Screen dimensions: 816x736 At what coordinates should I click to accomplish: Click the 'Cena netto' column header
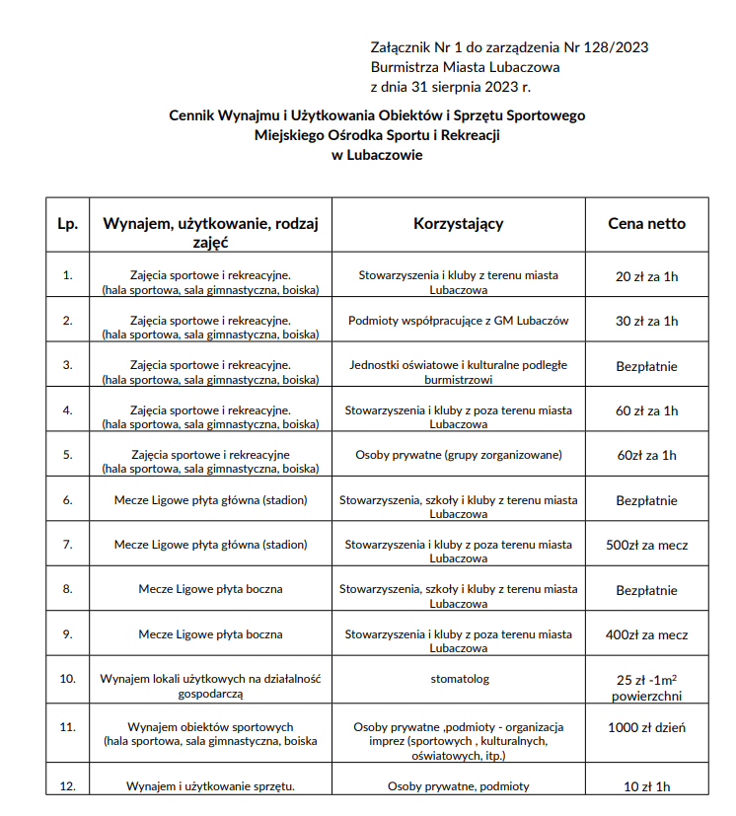click(x=646, y=224)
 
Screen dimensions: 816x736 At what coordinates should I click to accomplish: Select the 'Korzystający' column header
click(x=458, y=224)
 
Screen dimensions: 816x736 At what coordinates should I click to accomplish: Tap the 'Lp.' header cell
click(x=68, y=224)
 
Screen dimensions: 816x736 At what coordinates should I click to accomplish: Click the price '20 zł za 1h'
click(x=646, y=276)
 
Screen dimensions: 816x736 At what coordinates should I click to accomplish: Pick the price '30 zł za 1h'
click(x=646, y=321)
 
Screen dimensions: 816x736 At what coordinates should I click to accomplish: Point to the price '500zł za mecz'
click(x=646, y=545)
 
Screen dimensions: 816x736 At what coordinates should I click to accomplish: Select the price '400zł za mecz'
click(x=646, y=634)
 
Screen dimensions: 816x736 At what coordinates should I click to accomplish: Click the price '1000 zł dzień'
click(x=646, y=728)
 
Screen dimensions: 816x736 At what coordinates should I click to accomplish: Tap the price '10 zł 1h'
click(x=646, y=786)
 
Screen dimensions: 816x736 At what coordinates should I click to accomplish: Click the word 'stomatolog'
click(x=459, y=679)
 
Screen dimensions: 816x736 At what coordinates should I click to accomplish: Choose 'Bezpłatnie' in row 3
click(x=646, y=366)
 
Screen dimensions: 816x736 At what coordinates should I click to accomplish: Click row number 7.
click(x=68, y=545)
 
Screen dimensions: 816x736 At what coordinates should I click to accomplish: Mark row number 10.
click(x=68, y=679)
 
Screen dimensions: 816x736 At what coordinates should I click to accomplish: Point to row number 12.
click(x=68, y=786)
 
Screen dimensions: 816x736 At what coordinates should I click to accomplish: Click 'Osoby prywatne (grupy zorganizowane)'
click(x=458, y=455)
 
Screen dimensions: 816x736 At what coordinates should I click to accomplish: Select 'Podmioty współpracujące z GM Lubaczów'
click(x=458, y=321)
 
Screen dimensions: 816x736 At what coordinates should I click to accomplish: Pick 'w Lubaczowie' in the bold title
click(x=377, y=155)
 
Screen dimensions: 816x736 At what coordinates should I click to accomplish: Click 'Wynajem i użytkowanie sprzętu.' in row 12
click(x=211, y=786)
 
